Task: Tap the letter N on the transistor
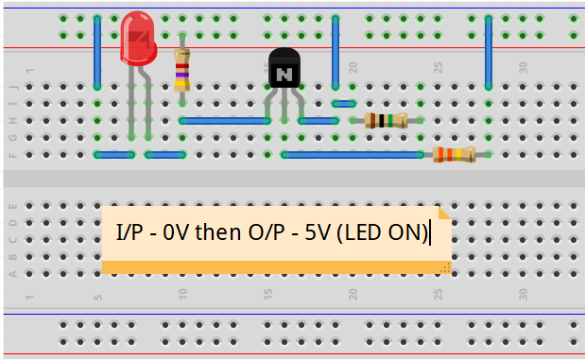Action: click(x=284, y=72)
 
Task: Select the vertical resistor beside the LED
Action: click(x=182, y=69)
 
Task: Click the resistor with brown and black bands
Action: click(x=386, y=120)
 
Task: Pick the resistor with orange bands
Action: click(x=454, y=154)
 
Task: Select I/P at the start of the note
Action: click(x=128, y=231)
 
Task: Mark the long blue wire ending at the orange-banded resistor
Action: click(x=354, y=154)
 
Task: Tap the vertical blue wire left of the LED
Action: click(x=97, y=52)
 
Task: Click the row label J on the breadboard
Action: click(x=12, y=86)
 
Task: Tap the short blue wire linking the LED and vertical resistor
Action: click(x=165, y=154)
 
